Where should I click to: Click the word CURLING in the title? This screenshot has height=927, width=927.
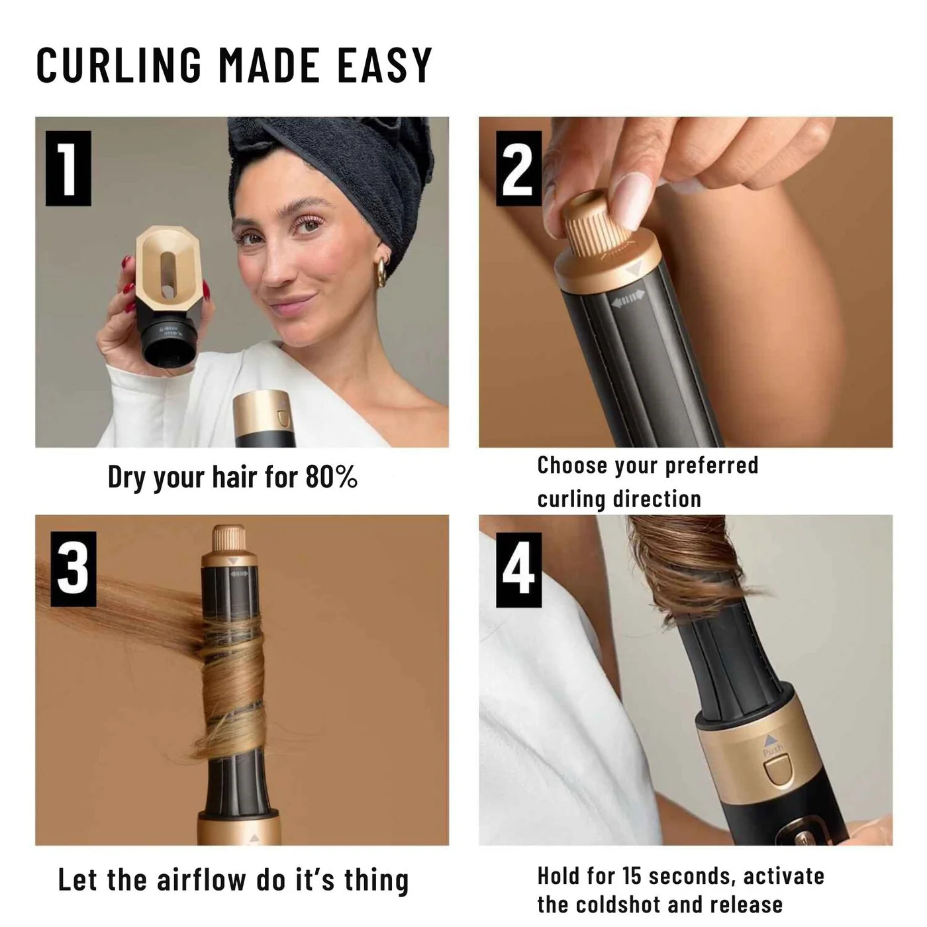[x=119, y=65]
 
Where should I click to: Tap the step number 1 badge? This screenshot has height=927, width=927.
[x=68, y=168]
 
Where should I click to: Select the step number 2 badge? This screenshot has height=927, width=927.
[x=518, y=168]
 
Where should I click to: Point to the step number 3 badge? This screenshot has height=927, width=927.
[x=73, y=569]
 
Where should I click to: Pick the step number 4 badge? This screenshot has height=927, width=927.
[x=518, y=569]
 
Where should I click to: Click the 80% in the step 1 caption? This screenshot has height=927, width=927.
[x=332, y=477]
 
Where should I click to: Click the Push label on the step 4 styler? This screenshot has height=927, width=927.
[x=772, y=750]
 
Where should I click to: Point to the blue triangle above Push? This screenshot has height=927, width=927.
[x=769, y=740]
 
